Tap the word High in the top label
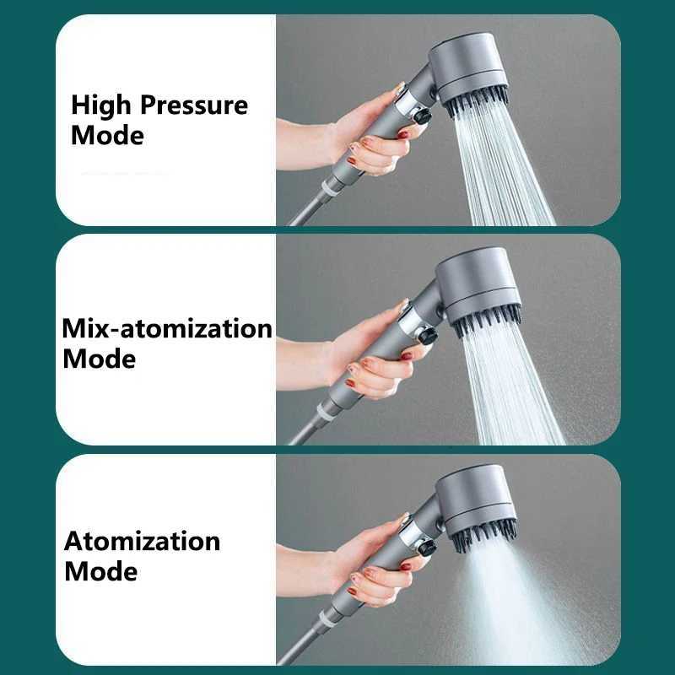click(101, 105)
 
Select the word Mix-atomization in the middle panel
click(167, 328)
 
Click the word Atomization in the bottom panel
click(142, 541)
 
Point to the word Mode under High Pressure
click(107, 135)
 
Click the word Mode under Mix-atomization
click(99, 359)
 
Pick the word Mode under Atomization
click(100, 571)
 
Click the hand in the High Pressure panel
click(363, 135)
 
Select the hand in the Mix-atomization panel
click(367, 354)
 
